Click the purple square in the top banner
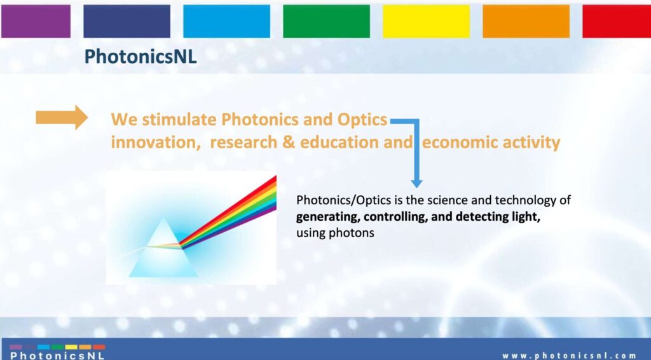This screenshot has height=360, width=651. [x=36, y=21]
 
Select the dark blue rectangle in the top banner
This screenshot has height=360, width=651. [x=127, y=21]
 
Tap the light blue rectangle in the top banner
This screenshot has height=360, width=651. [x=227, y=21]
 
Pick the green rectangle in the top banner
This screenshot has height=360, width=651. [x=326, y=21]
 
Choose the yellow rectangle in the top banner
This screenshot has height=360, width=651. [x=427, y=21]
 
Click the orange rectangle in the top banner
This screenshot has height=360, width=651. [x=526, y=21]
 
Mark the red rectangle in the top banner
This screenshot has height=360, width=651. [x=617, y=21]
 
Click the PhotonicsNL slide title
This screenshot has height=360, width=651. [x=140, y=57]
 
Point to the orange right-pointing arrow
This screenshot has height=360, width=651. [x=62, y=118]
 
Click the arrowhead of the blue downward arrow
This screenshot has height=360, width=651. [x=416, y=183]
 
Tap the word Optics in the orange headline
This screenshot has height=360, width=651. [x=362, y=120]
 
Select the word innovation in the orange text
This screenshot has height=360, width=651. [x=153, y=142]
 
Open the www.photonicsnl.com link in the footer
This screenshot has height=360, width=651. [x=569, y=356]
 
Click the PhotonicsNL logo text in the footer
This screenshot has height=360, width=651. [x=57, y=356]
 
